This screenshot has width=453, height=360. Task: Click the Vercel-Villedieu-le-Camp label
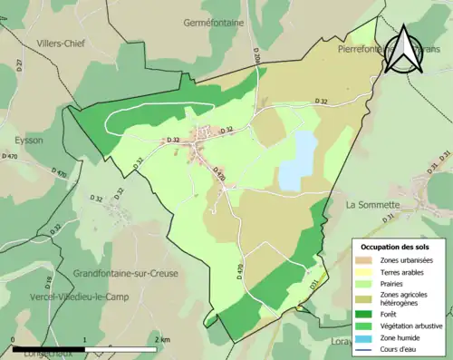72,297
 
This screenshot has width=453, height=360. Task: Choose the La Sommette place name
374,205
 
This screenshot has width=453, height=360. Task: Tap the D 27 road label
20,64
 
